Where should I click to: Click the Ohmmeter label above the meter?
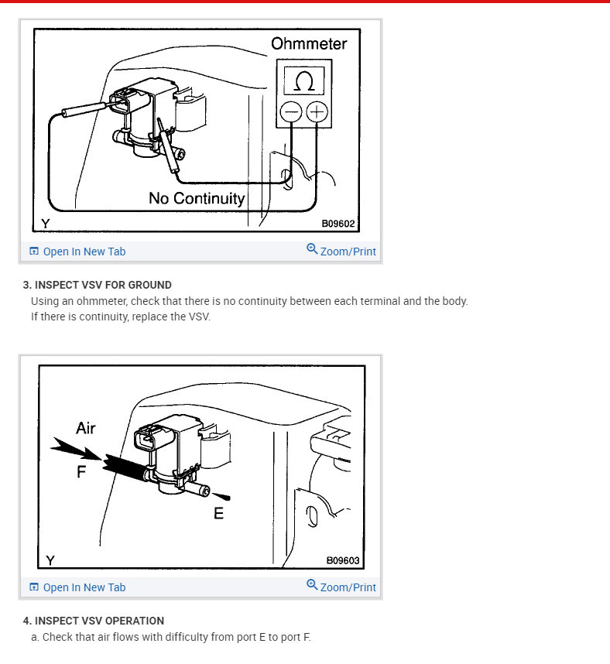coord(309,43)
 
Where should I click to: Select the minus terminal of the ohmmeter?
coord(290,112)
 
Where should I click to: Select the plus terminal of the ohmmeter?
coord(317,112)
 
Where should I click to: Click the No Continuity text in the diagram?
coord(197,198)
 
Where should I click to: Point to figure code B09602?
coord(338,224)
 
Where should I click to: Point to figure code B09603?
coord(342,560)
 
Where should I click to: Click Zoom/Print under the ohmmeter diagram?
coord(341,252)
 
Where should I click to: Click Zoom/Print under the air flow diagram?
coord(341,587)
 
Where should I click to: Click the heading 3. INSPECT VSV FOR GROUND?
coord(98,285)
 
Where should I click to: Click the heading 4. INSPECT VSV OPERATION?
coord(94,621)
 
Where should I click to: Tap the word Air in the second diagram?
coord(86,427)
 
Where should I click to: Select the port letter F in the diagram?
coord(81,471)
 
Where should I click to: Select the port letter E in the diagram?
coord(218,512)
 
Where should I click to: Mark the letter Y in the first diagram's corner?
coord(46,224)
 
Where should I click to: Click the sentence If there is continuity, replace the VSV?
coord(120,317)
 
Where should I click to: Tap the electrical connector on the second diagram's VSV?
coord(152,442)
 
